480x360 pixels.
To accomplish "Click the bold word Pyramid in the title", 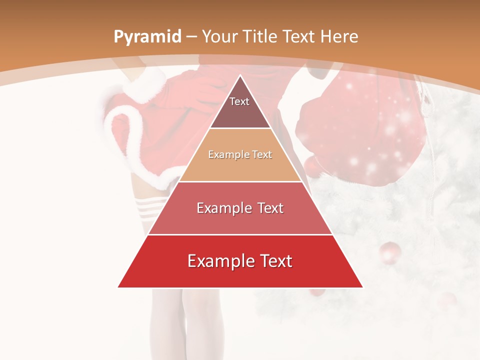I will coord(147,37).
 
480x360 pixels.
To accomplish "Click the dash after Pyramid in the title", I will coord(191,37).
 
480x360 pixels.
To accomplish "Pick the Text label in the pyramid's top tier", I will coord(239,101).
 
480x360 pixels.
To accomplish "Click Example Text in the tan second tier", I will coord(240,154).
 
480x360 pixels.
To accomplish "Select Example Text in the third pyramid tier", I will coord(240,208).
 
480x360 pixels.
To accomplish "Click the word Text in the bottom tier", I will coord(274,261).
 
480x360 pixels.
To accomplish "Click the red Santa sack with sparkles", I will coord(360,130).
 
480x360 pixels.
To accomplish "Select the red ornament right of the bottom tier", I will coord(390,252).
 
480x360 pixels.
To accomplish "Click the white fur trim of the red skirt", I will coord(120,125).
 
